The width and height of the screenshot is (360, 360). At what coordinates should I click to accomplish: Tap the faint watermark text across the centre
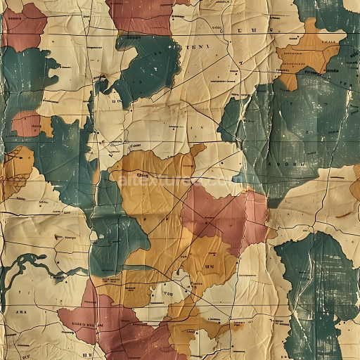176,181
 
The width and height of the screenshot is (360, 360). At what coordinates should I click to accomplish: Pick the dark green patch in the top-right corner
330,14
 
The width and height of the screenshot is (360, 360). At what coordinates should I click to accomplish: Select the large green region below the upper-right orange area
295,127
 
